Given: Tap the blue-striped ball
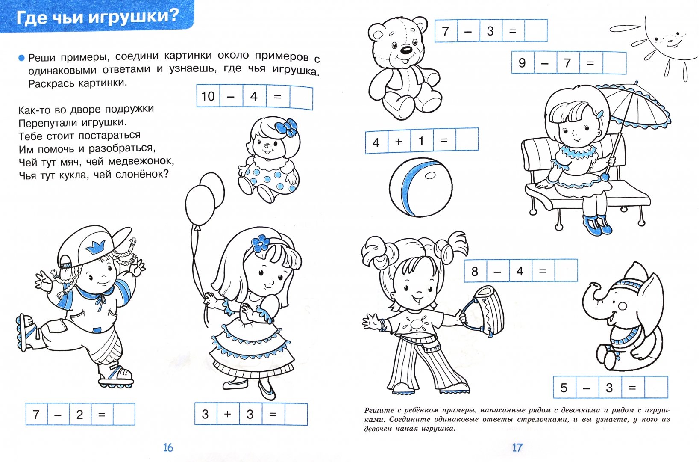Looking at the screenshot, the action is click(x=421, y=187).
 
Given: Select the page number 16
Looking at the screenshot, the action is click(x=168, y=447).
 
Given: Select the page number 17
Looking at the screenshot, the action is click(x=517, y=447).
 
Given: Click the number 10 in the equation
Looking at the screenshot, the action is click(x=208, y=96).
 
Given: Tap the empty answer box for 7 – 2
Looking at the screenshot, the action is click(x=124, y=414).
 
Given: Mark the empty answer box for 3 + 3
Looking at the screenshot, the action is click(x=296, y=414).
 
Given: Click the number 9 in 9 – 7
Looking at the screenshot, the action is click(x=522, y=63).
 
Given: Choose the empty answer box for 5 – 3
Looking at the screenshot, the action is click(x=656, y=387).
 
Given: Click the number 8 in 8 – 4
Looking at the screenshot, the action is click(x=475, y=271).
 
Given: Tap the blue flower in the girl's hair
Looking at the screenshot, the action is click(x=260, y=243).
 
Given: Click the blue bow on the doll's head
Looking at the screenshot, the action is click(x=286, y=127).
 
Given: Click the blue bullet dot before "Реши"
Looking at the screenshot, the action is click(x=21, y=58).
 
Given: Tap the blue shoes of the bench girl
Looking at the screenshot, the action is click(x=596, y=225).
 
